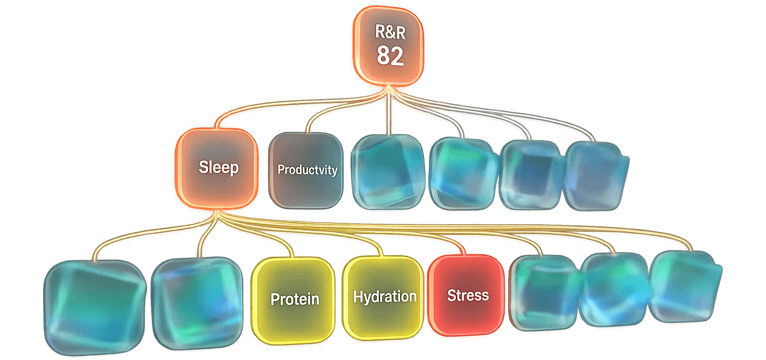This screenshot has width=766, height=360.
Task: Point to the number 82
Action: pos(390,56)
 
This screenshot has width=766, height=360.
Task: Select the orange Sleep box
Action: pos(218,168)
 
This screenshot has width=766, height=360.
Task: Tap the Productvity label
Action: pos(307,170)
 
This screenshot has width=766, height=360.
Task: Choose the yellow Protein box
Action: pos(294,299)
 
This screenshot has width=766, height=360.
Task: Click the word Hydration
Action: pos(384,297)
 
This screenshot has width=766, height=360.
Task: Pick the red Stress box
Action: pos(467,295)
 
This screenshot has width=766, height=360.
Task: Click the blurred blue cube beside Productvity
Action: pos(389,171)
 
